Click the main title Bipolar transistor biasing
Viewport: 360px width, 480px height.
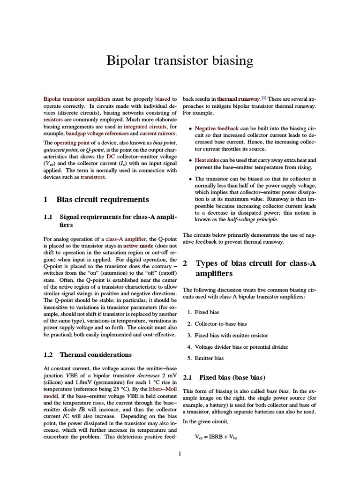(180, 60)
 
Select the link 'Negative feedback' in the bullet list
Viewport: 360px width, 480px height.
(217, 128)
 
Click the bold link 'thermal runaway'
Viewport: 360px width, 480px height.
(238, 99)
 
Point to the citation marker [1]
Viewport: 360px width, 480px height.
(264, 98)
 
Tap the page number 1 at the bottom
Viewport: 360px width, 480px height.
(180, 453)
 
